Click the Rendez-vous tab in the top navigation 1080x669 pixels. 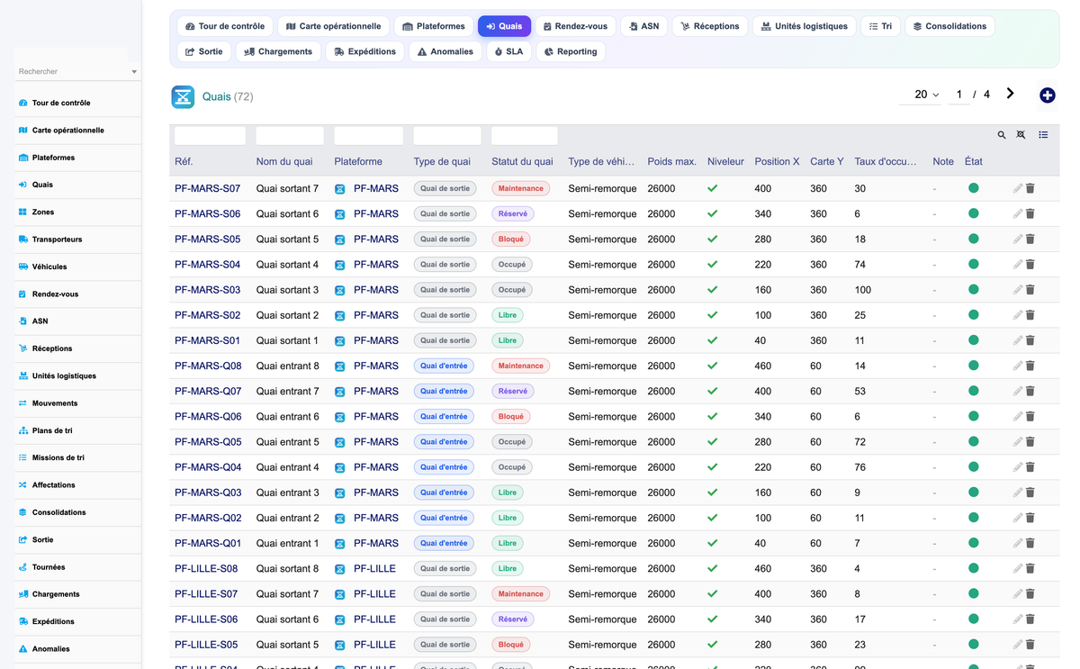coord(575,26)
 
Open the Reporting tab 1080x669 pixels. coord(571,51)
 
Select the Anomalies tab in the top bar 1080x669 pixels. coord(445,51)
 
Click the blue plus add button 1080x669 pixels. coord(1047,95)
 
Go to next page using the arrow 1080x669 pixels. coord(1010,94)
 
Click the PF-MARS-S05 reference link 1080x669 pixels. coord(207,240)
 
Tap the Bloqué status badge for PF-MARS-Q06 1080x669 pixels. coord(510,417)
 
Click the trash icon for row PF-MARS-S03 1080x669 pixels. coord(1030,290)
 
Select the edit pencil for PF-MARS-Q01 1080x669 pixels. coord(1017,544)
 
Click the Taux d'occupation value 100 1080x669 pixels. coord(862,290)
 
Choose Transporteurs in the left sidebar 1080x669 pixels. coord(57,240)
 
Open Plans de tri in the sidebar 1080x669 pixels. coord(52,430)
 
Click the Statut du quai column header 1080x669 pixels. coord(522,161)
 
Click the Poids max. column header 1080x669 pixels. coord(671,161)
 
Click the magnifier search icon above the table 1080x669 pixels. coord(1002,135)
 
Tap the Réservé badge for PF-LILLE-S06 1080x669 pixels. coord(512,619)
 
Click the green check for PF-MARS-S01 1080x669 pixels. coord(712,340)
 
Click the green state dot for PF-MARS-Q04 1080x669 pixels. coord(974,467)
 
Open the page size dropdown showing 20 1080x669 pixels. coord(926,95)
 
